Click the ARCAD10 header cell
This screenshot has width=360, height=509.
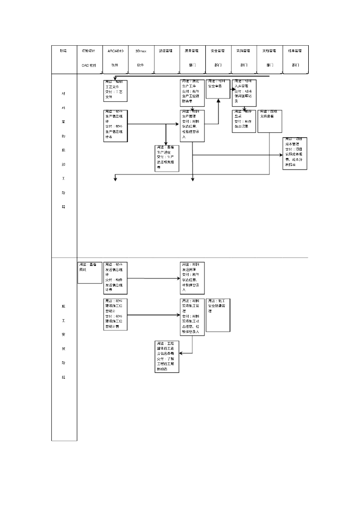(x=115, y=58)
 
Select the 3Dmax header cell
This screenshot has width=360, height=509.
(x=141, y=58)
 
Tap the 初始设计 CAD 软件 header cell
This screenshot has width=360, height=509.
(x=90, y=58)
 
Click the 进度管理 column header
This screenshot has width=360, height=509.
(x=166, y=58)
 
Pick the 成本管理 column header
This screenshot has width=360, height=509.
(x=295, y=58)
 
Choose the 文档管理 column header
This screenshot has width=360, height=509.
(x=270, y=58)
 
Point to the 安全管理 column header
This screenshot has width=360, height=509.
(x=218, y=58)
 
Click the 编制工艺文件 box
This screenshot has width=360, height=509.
(x=115, y=90)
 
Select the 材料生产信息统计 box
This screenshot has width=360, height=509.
(x=115, y=126)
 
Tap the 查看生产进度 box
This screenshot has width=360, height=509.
(x=167, y=158)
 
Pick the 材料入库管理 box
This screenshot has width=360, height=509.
(x=244, y=92)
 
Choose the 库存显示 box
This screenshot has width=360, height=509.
(x=244, y=121)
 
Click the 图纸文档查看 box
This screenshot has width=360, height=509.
(x=270, y=121)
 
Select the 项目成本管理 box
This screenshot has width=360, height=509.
(x=295, y=153)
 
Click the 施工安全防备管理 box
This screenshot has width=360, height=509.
(x=218, y=315)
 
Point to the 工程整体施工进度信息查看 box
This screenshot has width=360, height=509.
(x=167, y=356)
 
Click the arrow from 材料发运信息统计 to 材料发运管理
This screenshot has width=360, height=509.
(x=154, y=278)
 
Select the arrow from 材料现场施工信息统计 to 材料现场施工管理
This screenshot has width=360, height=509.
(x=154, y=315)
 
